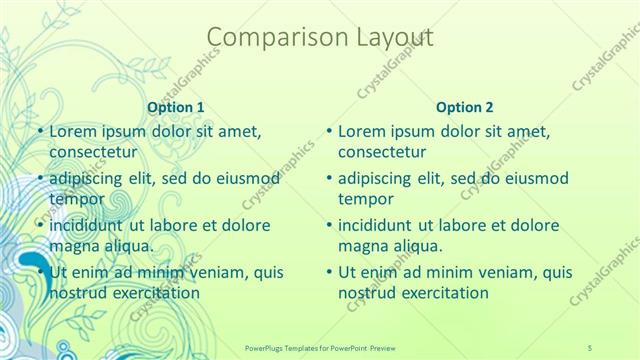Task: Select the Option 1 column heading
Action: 176,106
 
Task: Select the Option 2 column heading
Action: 465,106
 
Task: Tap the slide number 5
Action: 591,345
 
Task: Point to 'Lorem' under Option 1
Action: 71,131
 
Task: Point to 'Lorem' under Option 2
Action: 361,131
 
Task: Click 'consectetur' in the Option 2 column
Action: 382,152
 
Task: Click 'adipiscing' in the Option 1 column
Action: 88,178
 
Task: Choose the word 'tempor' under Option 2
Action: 366,199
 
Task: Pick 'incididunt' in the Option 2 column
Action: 376,225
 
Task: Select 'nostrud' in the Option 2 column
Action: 369,293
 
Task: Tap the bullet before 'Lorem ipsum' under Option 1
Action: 39,132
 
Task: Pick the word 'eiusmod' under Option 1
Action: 244,178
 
